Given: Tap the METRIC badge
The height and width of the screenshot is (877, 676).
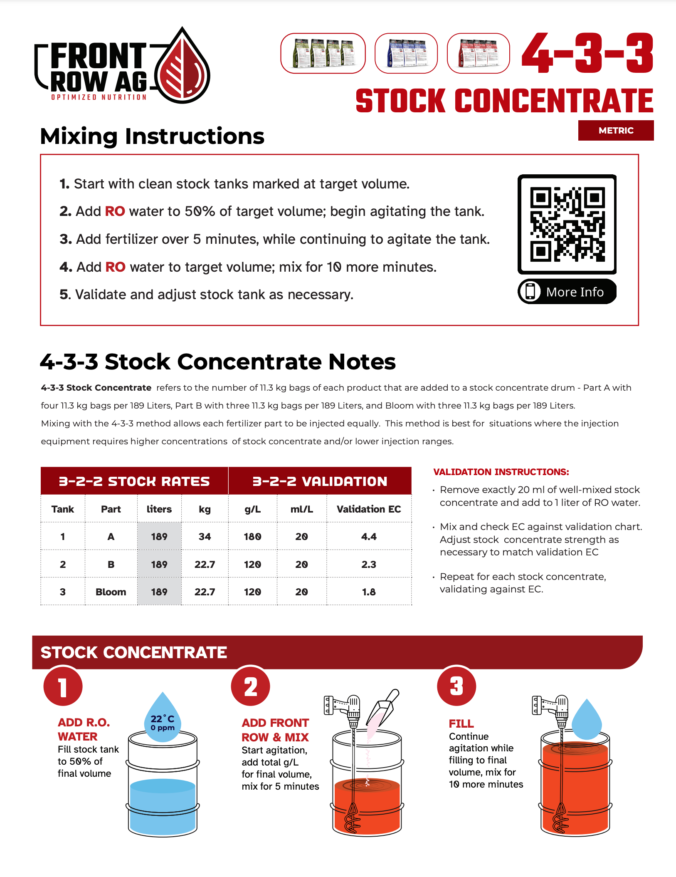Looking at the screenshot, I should tap(615, 131).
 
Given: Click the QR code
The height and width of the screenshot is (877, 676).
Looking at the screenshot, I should tap(567, 224).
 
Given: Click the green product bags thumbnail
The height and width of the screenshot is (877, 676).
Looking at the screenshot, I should tap(323, 53).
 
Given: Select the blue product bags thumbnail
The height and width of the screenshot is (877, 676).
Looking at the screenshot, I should tap(406, 53).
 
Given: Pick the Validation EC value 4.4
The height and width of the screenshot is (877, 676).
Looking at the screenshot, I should tap(369, 537).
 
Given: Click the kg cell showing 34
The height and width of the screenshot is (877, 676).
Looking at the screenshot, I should tap(205, 537).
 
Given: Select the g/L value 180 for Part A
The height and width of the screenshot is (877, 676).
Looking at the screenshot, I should tap(252, 537).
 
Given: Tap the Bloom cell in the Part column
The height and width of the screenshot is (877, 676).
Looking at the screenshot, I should tap(111, 592).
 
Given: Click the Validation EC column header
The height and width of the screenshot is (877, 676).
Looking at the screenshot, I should tap(369, 509).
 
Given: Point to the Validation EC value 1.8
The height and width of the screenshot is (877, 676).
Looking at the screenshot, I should tap(369, 592).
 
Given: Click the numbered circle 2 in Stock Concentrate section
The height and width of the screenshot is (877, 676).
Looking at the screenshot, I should tap(251, 687).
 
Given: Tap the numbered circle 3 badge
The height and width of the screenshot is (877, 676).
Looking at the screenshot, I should tap(456, 687).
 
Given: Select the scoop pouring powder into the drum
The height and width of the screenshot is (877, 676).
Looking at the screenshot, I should tap(385, 708).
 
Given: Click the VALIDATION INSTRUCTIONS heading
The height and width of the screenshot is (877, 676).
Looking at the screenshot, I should tap(501, 472).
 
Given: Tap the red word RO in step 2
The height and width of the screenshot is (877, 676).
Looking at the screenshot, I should tap(115, 211).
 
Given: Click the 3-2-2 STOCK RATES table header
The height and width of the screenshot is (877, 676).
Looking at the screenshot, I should tap(134, 481).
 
